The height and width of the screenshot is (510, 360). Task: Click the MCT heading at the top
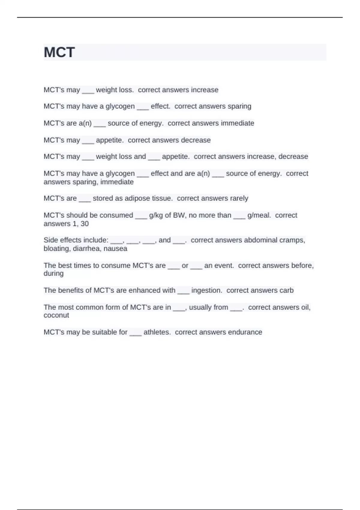click(59, 52)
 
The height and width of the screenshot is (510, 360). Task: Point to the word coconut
click(56, 315)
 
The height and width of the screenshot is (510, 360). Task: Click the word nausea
click(115, 249)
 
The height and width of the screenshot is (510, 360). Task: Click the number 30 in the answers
click(85, 224)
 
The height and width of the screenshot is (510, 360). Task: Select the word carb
click(286, 290)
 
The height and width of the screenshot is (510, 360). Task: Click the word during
click(53, 274)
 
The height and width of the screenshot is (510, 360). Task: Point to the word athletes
click(157, 332)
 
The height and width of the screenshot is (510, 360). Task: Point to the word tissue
click(162, 198)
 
